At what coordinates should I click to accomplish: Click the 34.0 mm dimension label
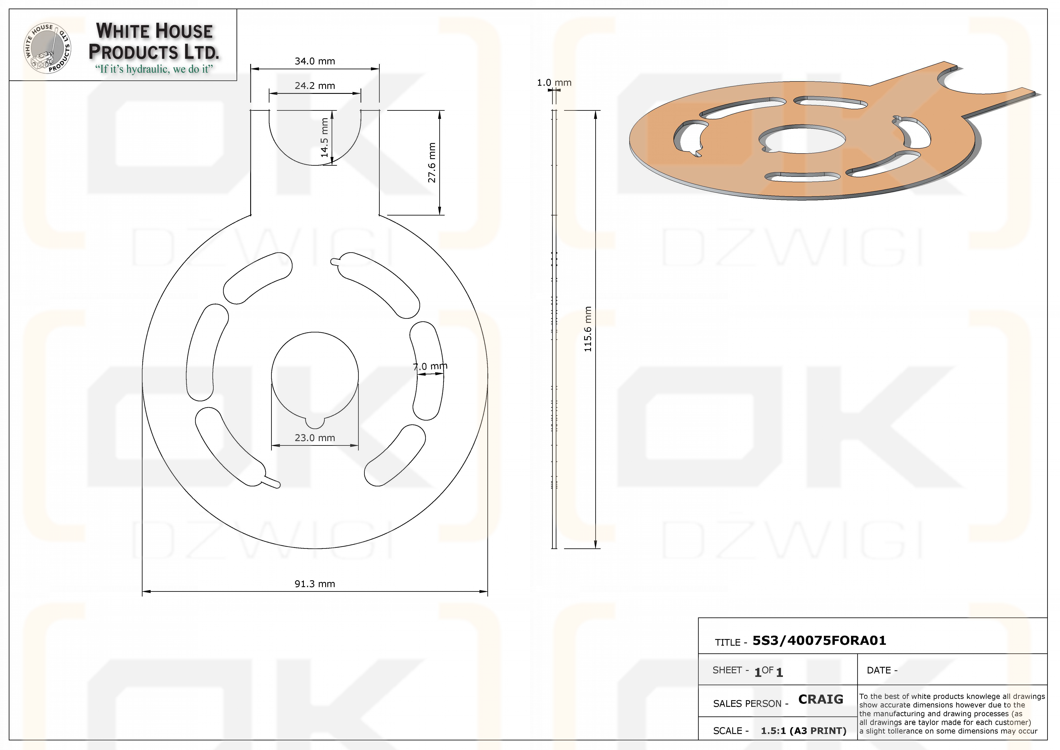pos(315,61)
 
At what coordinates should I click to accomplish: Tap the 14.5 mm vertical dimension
pos(325,138)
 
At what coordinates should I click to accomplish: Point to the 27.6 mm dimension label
pos(432,162)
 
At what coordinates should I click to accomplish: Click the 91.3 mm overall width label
pos(315,584)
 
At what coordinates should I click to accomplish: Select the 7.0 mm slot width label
pos(430,366)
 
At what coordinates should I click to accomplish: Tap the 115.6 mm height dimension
pos(588,329)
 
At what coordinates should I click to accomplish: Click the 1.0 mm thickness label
pos(554,83)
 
